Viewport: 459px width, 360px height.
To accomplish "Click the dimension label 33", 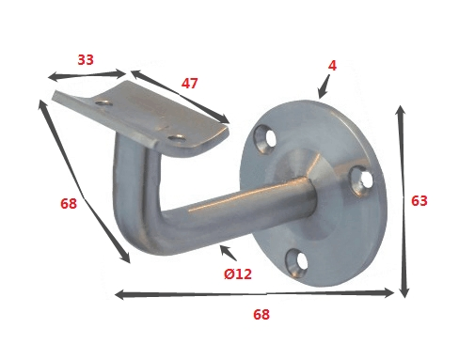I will click(x=86, y=60).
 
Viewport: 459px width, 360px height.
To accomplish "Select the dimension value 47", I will click(x=189, y=84).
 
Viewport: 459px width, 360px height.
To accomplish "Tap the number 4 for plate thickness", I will click(x=332, y=66).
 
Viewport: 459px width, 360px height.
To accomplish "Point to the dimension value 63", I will click(x=419, y=200).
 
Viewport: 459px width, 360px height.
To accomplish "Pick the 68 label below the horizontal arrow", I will click(x=261, y=315).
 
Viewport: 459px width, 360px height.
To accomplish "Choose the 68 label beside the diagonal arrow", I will click(x=68, y=203).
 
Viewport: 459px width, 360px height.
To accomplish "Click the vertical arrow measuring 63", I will click(x=403, y=201).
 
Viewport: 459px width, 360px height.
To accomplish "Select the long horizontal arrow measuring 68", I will click(x=254, y=294).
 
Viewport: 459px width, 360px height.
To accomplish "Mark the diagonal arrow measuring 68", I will click(x=84, y=181).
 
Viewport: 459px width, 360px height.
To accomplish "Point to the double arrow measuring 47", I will click(x=180, y=96).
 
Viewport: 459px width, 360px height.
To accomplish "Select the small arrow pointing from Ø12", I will click(x=226, y=253).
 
